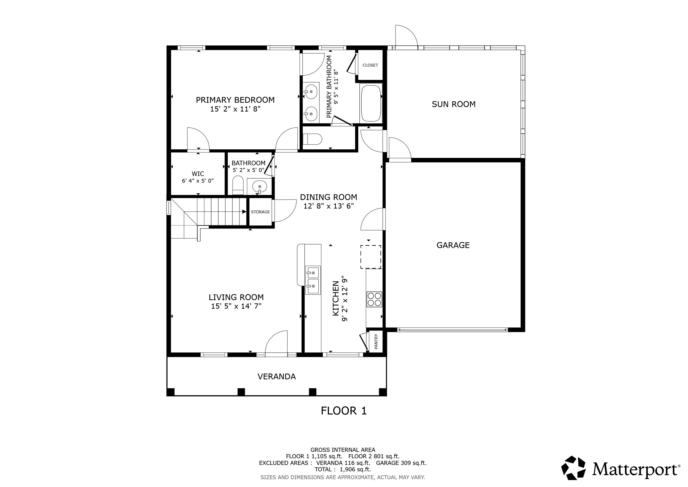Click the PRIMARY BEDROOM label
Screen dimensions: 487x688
point(235,100)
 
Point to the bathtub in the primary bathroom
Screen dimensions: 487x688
point(371,103)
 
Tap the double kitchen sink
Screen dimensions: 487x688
point(313,280)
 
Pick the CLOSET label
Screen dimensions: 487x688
point(370,65)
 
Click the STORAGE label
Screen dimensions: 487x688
point(260,212)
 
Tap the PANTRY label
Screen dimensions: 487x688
point(376,341)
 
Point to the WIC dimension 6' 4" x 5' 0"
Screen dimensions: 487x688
point(197,181)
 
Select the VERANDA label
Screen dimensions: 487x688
point(276,376)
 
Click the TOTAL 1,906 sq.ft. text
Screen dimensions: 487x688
point(343,469)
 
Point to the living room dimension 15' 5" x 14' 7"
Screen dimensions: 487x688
point(236,306)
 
